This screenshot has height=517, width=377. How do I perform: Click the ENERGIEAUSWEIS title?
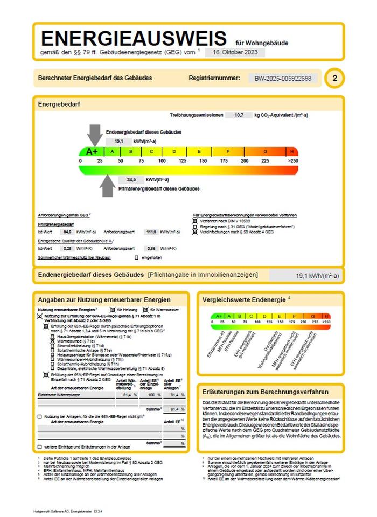pos(134,39)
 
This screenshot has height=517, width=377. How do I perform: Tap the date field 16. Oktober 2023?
pos(235,52)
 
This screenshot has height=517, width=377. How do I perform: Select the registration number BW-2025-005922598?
pos(285,78)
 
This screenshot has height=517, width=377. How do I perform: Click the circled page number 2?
pos(334,78)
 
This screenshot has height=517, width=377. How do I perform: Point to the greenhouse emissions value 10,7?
pos(235,115)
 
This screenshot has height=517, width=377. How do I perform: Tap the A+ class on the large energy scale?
pos(92,152)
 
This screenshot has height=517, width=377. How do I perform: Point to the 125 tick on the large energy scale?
pos(182,161)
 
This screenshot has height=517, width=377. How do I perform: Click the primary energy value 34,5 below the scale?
pos(131,179)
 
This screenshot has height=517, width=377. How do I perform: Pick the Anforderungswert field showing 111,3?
pos(151,232)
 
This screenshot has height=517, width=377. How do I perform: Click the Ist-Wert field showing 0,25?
pos(67,249)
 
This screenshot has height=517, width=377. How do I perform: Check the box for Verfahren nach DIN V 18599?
pos(195,221)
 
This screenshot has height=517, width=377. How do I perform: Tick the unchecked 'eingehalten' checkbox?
pos(136,258)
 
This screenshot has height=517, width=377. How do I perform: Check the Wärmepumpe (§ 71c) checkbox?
pos(53,341)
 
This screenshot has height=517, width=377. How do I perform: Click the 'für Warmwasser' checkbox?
pos(145,310)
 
